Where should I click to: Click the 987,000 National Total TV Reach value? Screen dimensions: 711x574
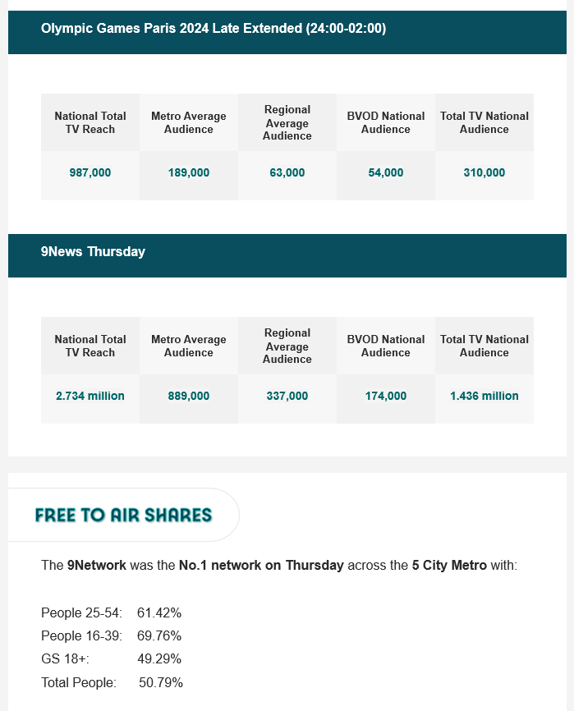pyautogui.click(x=90, y=173)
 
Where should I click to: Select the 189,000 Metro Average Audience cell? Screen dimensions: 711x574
pyautogui.click(x=189, y=173)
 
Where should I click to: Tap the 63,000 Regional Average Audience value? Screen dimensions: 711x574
pyautogui.click(x=287, y=173)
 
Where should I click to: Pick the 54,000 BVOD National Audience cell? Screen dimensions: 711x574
pyautogui.click(x=386, y=173)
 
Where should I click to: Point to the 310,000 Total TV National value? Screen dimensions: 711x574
pyautogui.click(x=484, y=173)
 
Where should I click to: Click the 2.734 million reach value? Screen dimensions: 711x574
pyautogui.click(x=90, y=396)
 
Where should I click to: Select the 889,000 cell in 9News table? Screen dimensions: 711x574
pyautogui.click(x=189, y=396)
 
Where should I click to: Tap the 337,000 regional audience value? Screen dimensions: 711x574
pyautogui.click(x=287, y=396)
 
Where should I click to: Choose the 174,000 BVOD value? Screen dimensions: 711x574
pyautogui.click(x=386, y=396)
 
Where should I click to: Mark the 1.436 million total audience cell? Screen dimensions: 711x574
pyautogui.click(x=484, y=396)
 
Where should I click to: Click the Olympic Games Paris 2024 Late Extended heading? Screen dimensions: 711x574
pyautogui.click(x=214, y=29)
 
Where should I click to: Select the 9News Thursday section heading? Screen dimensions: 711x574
pyautogui.click(x=93, y=252)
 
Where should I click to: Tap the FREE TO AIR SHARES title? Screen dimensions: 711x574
pyautogui.click(x=123, y=516)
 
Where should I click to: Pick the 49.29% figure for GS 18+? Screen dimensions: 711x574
pyautogui.click(x=159, y=658)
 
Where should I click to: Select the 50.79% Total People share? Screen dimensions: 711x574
pyautogui.click(x=161, y=682)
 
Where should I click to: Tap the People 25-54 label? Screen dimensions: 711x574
pyautogui.click(x=81, y=612)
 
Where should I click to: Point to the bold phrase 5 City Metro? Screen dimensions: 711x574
pyautogui.click(x=449, y=566)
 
